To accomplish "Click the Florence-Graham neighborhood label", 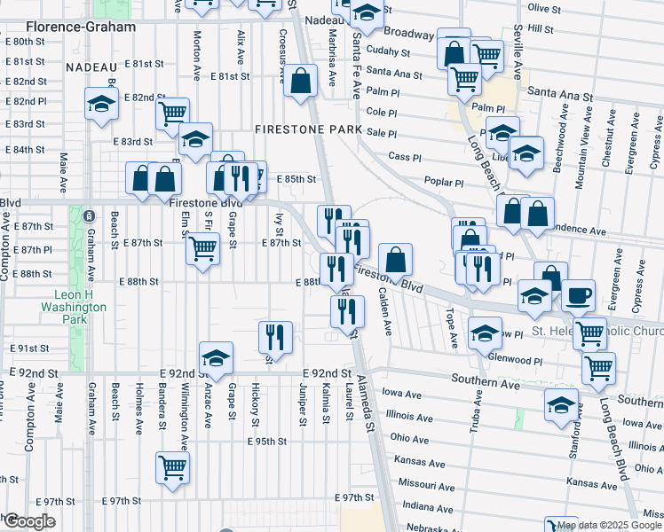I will pos(68,27).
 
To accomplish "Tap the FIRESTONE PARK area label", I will pos(307,129).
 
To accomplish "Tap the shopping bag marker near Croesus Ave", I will pos(301,82).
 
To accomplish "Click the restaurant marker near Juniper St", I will pos(275,337).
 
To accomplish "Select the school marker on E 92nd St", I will pos(216,359).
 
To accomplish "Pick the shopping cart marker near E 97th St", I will pos(172,467).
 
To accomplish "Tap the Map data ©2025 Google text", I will pos(608,525).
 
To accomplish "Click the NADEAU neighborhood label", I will pos(91,67).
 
